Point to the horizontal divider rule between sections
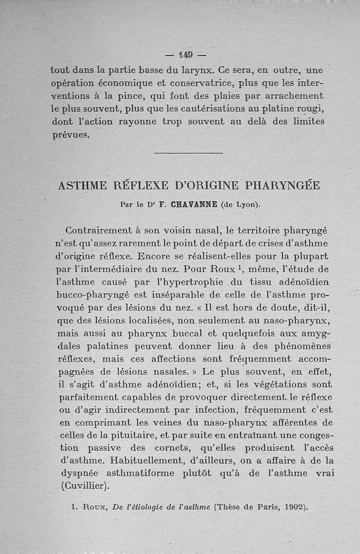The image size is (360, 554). click(189, 153)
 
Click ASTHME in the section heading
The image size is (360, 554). click(82, 185)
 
